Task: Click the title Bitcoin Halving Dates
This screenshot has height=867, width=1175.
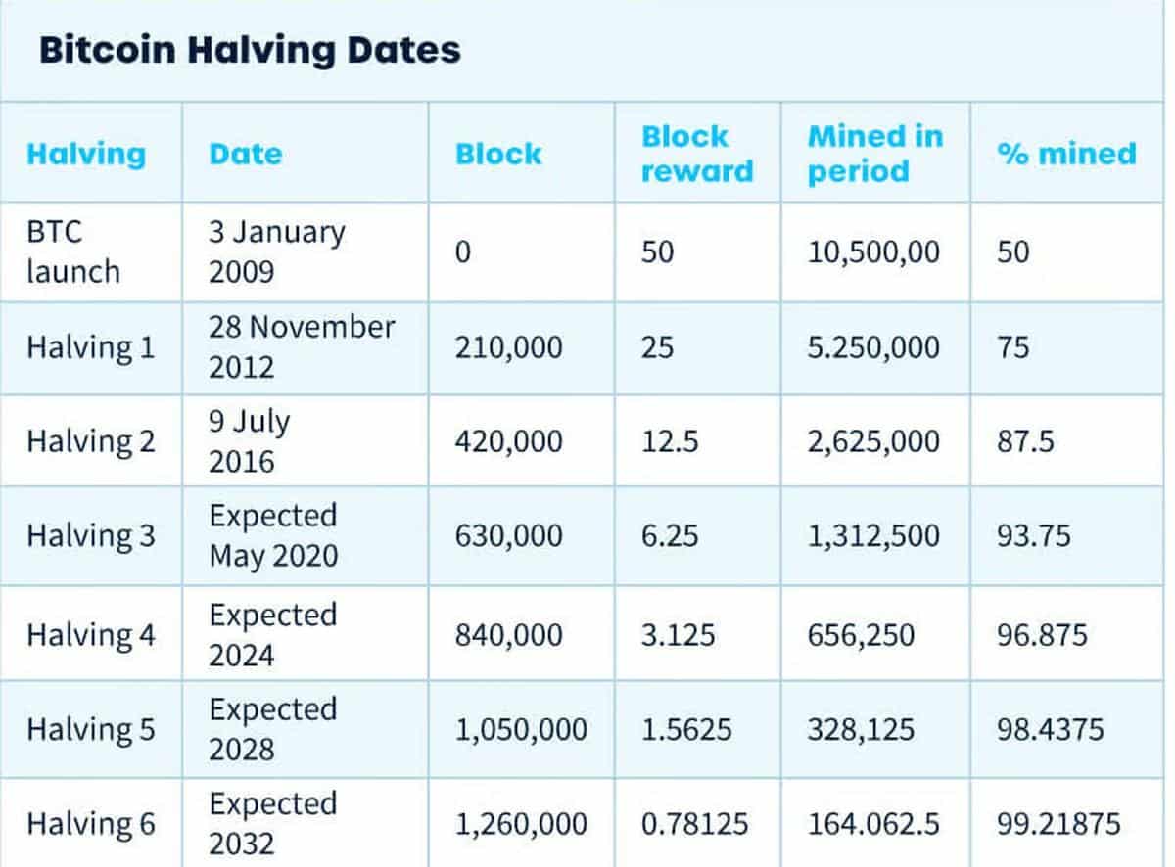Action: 250,50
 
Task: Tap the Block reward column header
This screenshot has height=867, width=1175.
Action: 697,154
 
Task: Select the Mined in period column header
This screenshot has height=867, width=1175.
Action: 874,154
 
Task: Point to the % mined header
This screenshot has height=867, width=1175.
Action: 1066,154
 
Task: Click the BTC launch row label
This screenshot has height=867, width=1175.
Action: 73,251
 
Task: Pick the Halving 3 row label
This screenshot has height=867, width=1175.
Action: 90,536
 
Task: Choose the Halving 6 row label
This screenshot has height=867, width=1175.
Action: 90,824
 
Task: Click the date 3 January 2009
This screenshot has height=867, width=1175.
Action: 276,251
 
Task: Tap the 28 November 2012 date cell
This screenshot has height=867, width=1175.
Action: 301,346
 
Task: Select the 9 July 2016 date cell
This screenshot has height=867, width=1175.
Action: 249,441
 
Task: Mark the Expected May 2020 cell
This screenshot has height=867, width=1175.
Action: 273,536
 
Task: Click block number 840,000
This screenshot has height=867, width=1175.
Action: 508,636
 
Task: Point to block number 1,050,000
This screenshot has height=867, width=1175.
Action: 521,730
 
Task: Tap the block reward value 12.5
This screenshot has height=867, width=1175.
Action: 670,442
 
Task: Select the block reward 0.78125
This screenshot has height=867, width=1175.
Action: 694,824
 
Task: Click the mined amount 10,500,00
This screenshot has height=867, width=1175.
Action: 873,252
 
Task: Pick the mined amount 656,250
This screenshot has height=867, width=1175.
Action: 861,636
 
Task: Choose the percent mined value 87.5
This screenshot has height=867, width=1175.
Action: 1025,442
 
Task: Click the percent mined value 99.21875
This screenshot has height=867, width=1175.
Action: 1057,824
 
